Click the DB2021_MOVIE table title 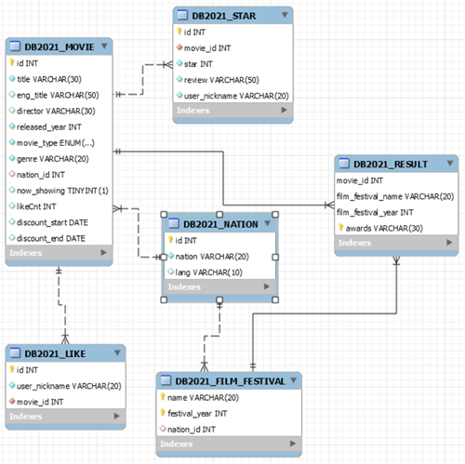(56, 46)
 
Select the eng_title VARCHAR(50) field (57, 95)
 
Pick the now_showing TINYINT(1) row (63, 191)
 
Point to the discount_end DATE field (52, 238)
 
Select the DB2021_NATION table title (219, 224)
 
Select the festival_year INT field (201, 413)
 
